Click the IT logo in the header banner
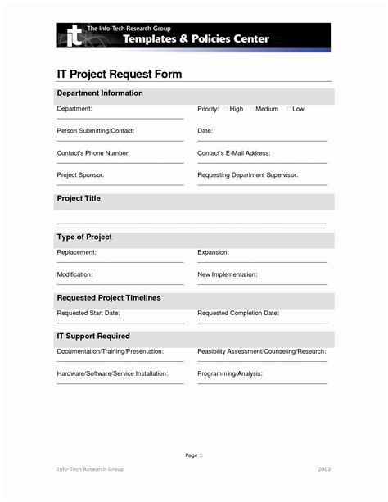coord(74,35)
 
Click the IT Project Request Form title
coord(120,75)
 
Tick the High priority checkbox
coord(224,109)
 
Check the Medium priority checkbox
coord(252,109)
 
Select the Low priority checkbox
coord(287,109)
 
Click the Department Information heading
coord(100,93)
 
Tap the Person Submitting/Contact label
coord(95,131)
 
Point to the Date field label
coord(205,131)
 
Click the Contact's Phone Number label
coord(93,153)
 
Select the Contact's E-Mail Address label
coord(246,153)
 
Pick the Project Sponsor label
coord(80,175)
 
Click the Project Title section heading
coord(79,199)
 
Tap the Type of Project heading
coord(84,237)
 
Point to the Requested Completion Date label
coord(238,313)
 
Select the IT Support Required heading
coord(93,337)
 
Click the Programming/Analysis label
coord(229,373)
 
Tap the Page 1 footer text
coord(194,455)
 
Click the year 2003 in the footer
coord(324,491)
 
